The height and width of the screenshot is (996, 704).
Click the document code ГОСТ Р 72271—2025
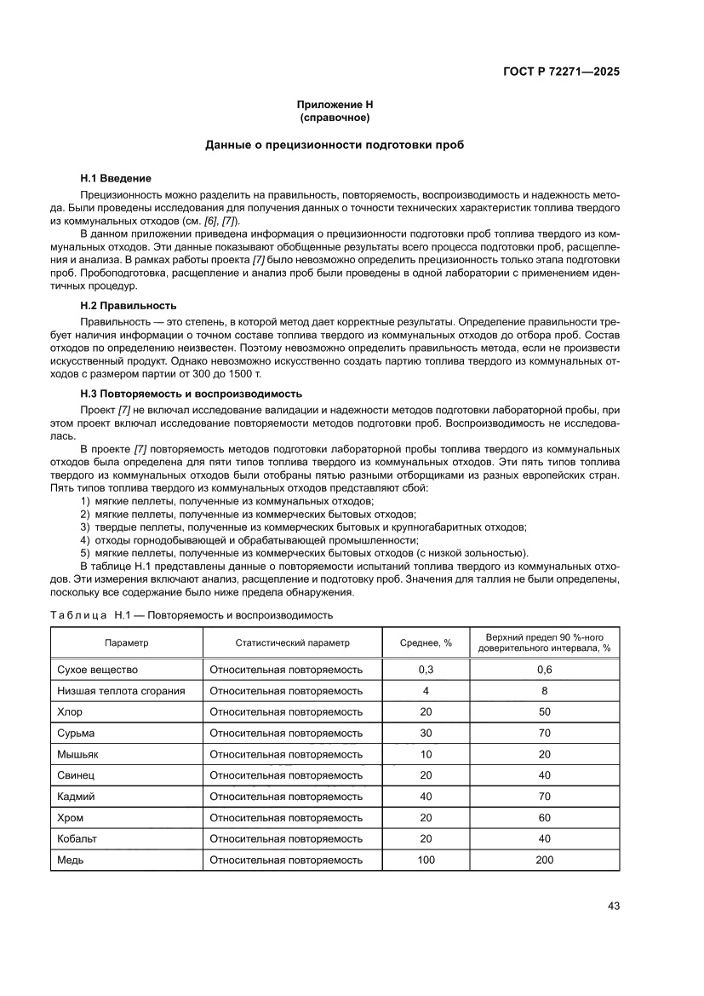[558, 72]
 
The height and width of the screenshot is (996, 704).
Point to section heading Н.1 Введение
[116, 178]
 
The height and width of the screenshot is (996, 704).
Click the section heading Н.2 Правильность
[128, 305]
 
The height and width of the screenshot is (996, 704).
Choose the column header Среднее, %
[426, 642]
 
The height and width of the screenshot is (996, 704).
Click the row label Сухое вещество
[97, 670]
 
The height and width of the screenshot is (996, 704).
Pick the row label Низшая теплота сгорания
[121, 691]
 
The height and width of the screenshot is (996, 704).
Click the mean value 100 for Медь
[426, 860]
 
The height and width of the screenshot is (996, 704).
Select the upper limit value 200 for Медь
[544, 860]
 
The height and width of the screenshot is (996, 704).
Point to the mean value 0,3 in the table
[426, 670]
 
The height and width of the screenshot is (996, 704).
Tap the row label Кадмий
[76, 797]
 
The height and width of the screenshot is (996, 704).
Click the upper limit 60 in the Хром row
[544, 818]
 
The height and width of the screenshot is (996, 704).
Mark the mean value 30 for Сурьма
[426, 733]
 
